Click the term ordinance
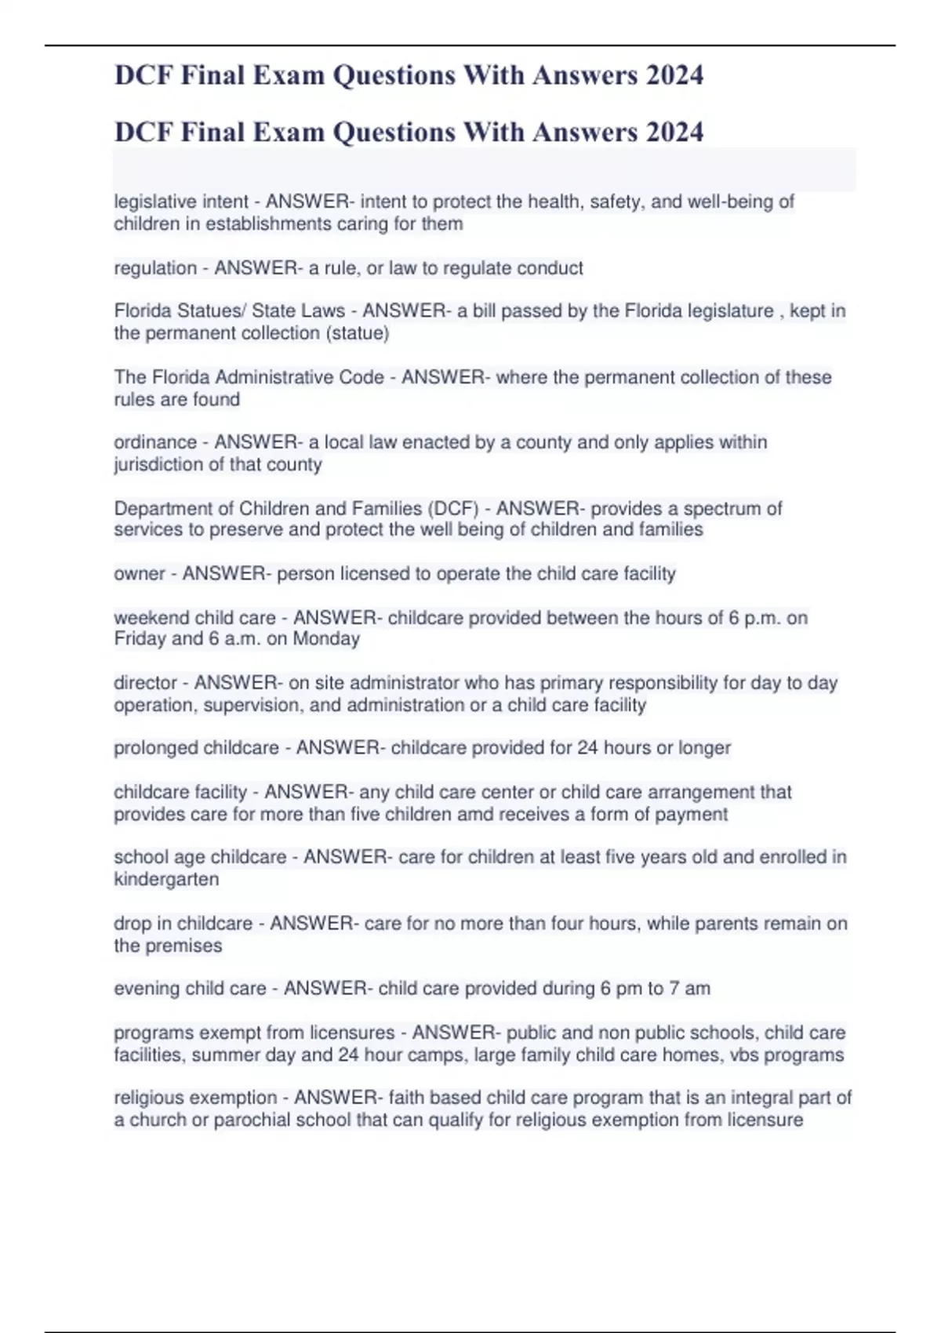(x=155, y=442)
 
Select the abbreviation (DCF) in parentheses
(x=453, y=508)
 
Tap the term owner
(x=140, y=574)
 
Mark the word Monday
(x=326, y=639)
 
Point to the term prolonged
(x=155, y=748)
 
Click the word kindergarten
(x=166, y=880)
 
